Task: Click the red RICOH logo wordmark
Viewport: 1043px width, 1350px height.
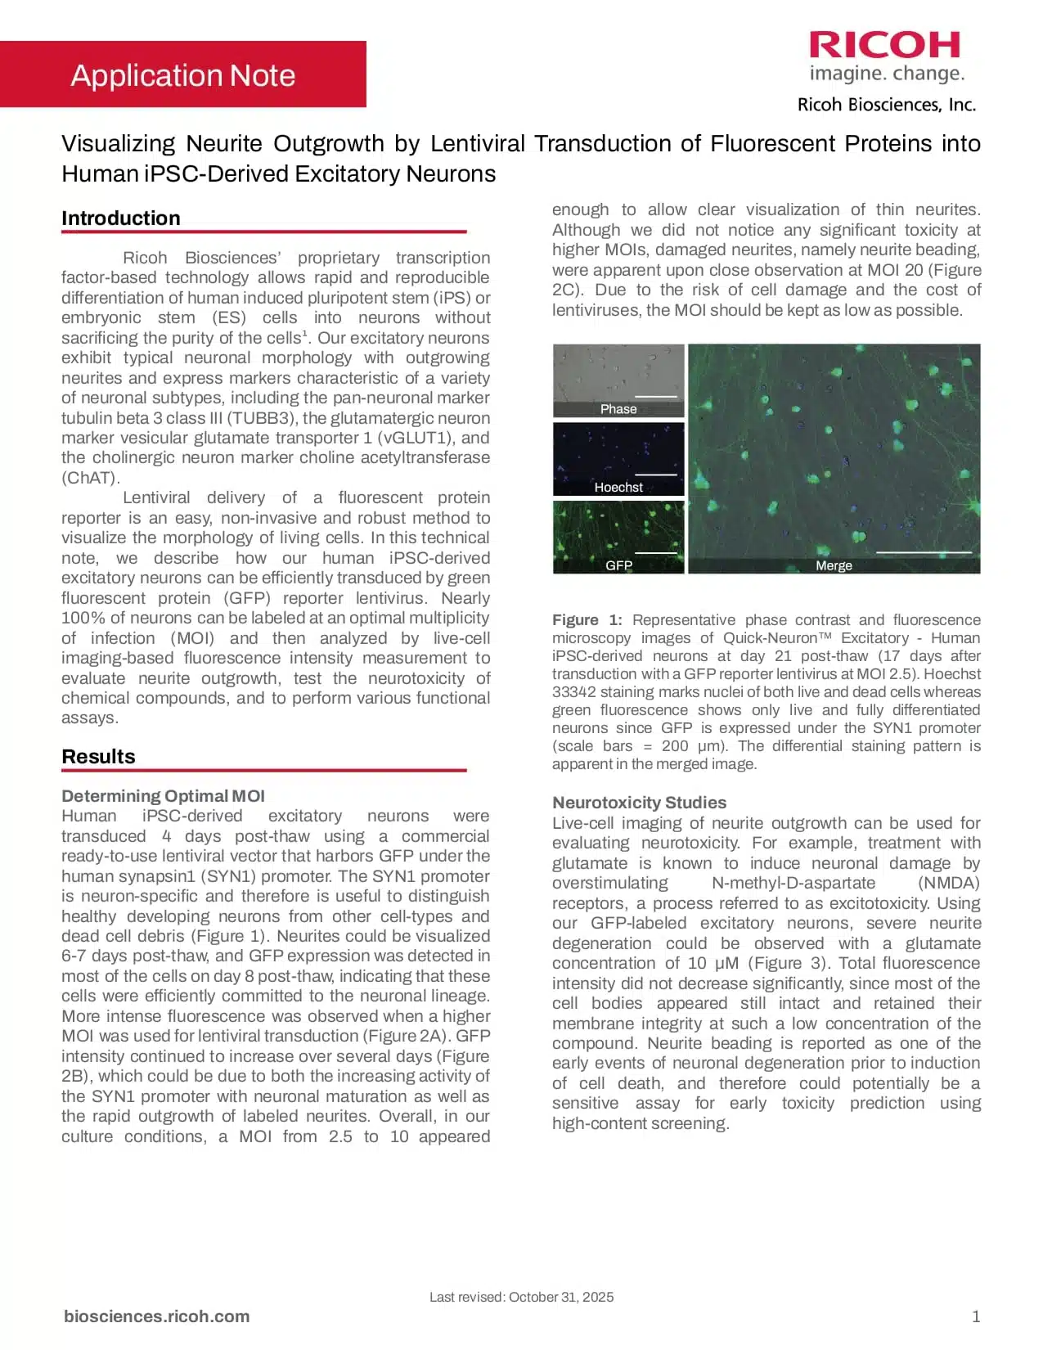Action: tap(884, 45)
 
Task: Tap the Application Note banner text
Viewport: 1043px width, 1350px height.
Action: tap(182, 75)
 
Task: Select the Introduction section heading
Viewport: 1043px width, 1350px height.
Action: tap(121, 218)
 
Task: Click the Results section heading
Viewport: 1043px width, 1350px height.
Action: tap(98, 756)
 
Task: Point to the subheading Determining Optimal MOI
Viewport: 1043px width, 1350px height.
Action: tap(163, 796)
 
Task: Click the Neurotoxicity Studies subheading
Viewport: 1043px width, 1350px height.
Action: tap(639, 803)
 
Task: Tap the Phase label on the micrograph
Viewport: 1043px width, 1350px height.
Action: tap(618, 409)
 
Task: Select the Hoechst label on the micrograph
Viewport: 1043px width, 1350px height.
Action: tap(618, 488)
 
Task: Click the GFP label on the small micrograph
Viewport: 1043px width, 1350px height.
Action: tap(618, 565)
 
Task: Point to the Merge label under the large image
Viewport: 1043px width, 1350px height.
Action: tap(834, 565)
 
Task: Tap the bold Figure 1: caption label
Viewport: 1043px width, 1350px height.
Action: tap(587, 620)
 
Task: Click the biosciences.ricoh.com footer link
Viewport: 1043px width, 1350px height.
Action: tap(156, 1316)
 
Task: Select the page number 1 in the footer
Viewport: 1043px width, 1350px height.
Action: tap(975, 1316)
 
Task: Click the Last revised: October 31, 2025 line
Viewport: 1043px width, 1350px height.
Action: tap(521, 1297)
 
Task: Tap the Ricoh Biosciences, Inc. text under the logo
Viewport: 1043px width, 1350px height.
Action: tap(887, 105)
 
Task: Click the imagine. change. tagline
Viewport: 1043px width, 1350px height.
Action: tap(887, 74)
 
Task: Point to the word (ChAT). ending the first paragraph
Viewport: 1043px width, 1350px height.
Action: tap(91, 478)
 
